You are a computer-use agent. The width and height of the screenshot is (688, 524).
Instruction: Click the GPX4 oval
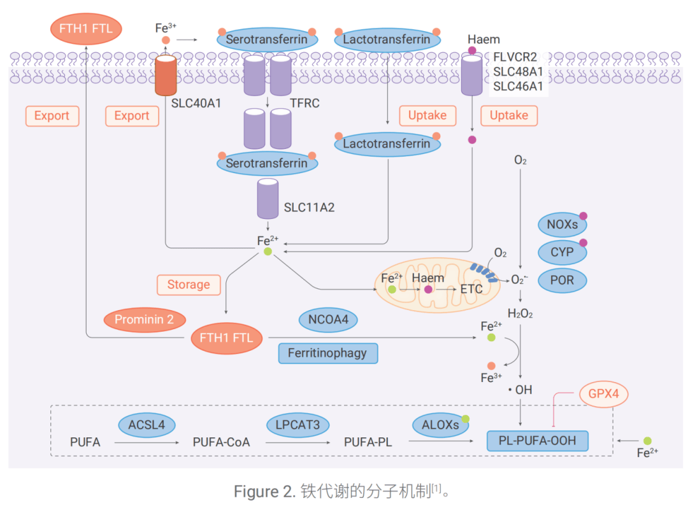[603, 393]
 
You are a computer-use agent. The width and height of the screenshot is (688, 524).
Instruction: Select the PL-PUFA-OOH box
[538, 441]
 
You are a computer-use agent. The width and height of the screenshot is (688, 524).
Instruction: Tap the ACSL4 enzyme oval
[147, 425]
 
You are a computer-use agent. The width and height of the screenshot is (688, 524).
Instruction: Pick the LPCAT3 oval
[297, 425]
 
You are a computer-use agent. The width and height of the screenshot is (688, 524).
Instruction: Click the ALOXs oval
[440, 425]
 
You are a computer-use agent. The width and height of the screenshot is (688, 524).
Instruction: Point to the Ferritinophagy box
[328, 353]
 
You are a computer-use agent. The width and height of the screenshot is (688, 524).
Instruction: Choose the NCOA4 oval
[328, 320]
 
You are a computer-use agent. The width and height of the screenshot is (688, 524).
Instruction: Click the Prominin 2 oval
[145, 320]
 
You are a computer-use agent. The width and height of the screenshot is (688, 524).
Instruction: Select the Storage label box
[189, 285]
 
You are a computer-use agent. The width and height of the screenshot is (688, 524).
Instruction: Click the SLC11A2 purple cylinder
[268, 199]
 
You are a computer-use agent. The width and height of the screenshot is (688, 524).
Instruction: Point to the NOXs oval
[562, 225]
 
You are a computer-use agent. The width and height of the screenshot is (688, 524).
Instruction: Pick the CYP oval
[562, 252]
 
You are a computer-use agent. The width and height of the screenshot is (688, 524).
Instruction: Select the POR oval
[562, 280]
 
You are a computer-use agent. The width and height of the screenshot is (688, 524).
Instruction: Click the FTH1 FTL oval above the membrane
[86, 29]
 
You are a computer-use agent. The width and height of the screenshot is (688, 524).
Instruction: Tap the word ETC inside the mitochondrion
[471, 289]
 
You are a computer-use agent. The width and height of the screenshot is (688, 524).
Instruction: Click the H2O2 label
[520, 313]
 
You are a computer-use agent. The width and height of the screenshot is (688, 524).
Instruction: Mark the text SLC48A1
[518, 71]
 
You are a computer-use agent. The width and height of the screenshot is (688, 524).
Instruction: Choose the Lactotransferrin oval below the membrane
[387, 144]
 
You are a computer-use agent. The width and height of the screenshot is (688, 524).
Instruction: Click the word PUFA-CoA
[221, 442]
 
